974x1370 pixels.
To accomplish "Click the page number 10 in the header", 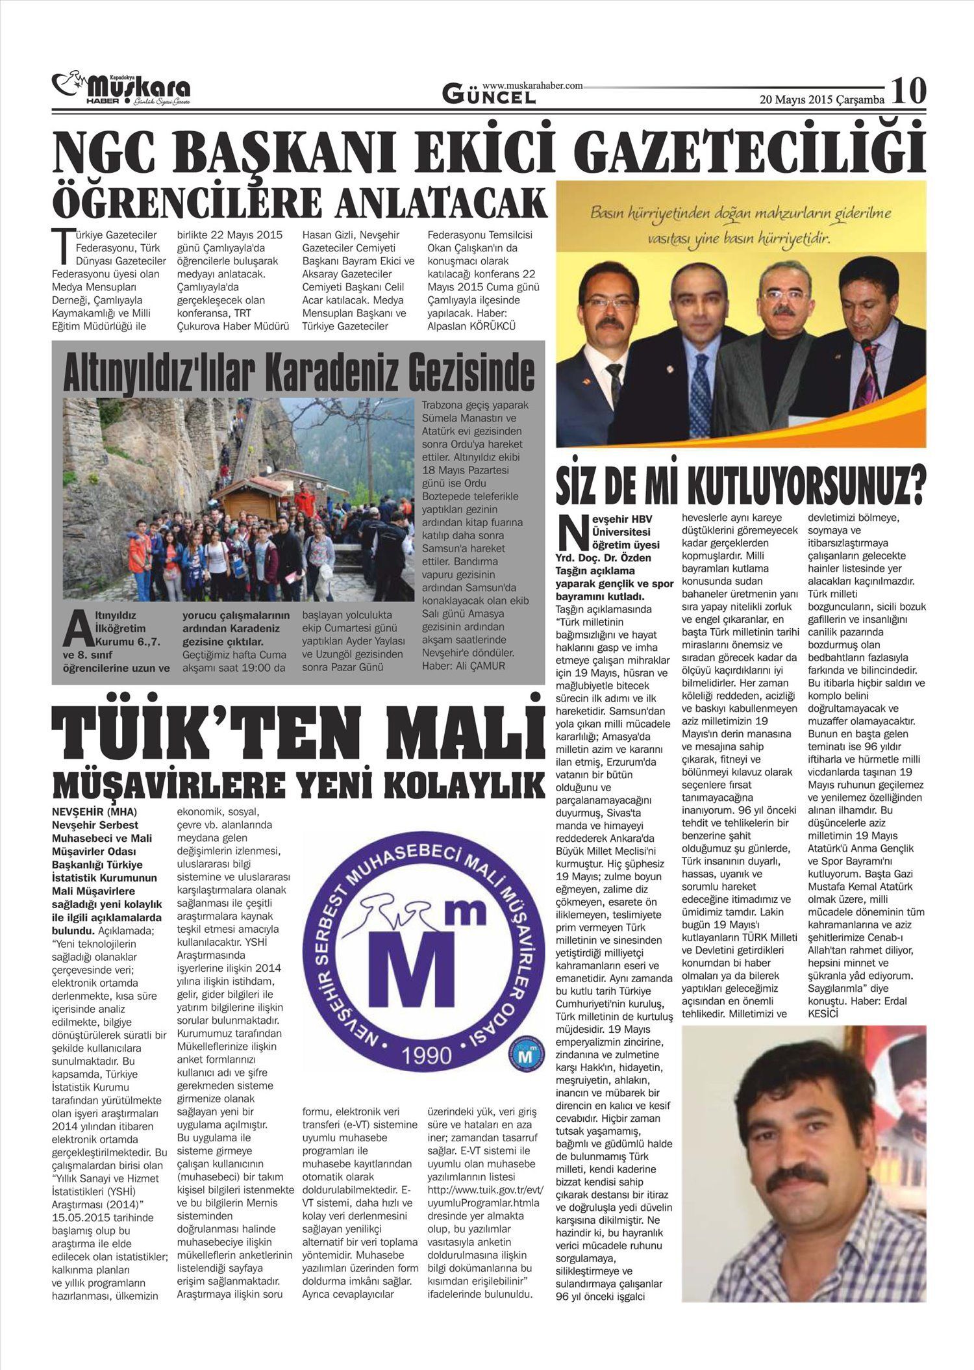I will pos(908,92).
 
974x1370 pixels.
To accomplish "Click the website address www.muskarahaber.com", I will pos(532,85).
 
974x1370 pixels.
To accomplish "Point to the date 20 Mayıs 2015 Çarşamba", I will pos(822,100).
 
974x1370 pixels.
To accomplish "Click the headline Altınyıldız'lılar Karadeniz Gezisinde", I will pos(298,372).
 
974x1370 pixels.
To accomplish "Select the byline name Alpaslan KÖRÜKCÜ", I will pos(471,326).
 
